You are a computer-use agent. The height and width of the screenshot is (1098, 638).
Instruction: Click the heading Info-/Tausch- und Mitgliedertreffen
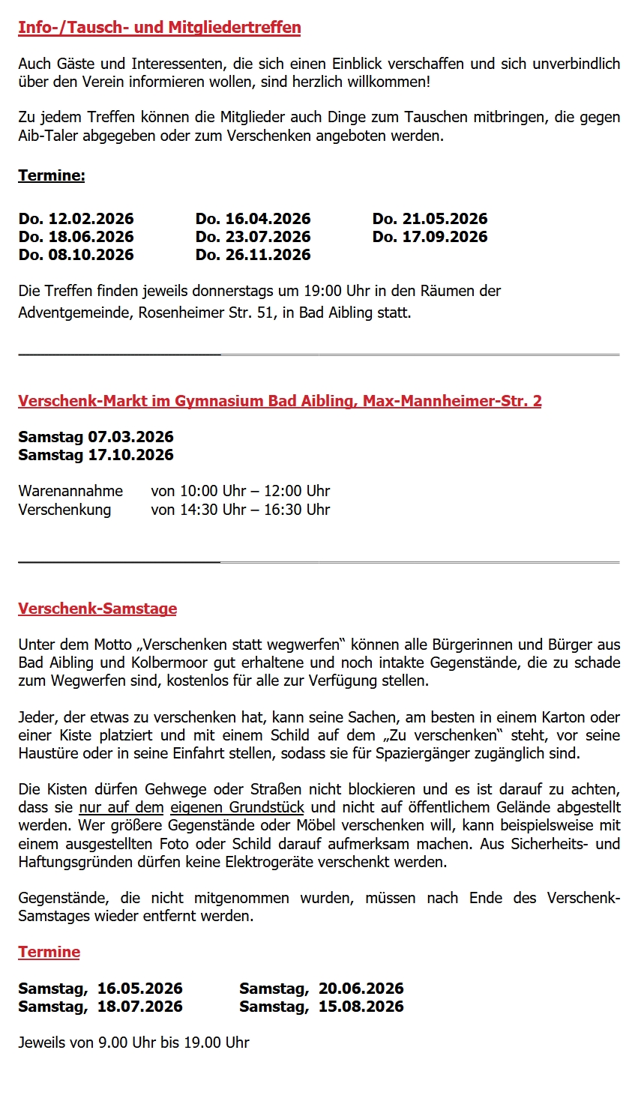159,28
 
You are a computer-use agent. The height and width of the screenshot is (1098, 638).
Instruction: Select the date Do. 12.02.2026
76,219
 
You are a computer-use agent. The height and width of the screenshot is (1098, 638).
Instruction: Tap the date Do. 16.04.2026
253,219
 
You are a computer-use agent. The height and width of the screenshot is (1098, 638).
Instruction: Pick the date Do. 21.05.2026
430,219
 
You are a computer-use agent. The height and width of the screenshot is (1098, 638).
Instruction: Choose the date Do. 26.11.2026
253,255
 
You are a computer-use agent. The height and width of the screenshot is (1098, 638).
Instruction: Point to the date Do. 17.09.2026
430,237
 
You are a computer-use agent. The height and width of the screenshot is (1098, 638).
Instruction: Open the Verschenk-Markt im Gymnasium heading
280,401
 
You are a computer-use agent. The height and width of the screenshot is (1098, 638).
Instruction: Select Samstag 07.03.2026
96,437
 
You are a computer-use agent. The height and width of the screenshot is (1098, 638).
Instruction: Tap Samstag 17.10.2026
96,455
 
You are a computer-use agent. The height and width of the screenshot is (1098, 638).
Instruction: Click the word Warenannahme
70,491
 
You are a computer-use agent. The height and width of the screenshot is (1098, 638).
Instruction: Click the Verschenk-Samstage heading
97,609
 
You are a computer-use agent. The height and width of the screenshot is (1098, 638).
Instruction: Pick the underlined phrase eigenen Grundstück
237,807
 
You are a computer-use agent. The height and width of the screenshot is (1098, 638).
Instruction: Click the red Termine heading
49,952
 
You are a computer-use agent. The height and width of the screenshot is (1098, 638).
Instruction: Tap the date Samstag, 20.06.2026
321,989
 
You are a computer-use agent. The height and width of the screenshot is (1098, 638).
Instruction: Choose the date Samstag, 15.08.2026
321,1007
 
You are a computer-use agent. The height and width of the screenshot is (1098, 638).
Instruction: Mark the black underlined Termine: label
52,175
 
